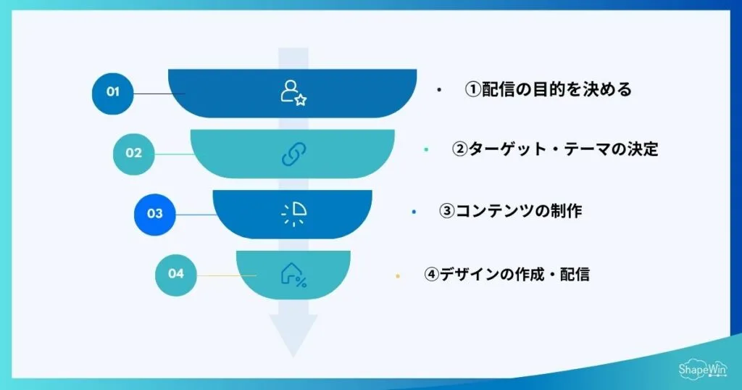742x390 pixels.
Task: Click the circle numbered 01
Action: (x=112, y=92)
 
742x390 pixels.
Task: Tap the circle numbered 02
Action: (x=133, y=153)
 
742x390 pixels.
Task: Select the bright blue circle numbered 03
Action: (x=154, y=214)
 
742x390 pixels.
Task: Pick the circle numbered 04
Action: (x=176, y=274)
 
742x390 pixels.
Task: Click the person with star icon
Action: (x=293, y=93)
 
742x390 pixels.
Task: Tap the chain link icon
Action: (x=293, y=154)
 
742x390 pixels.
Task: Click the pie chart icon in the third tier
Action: (x=293, y=214)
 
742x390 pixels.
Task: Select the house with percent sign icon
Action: (x=293, y=275)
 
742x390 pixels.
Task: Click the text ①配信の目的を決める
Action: (x=549, y=90)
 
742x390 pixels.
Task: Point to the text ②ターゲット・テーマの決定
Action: (x=555, y=149)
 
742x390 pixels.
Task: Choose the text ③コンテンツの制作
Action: (x=511, y=211)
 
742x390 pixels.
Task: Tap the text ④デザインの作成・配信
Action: (x=507, y=275)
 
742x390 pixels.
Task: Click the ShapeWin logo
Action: (x=702, y=369)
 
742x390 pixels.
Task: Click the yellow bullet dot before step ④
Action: (x=398, y=276)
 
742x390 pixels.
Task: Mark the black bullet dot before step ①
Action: (x=439, y=91)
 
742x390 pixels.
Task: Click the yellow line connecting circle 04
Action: (x=226, y=275)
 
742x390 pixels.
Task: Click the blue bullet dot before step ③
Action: (x=412, y=212)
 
